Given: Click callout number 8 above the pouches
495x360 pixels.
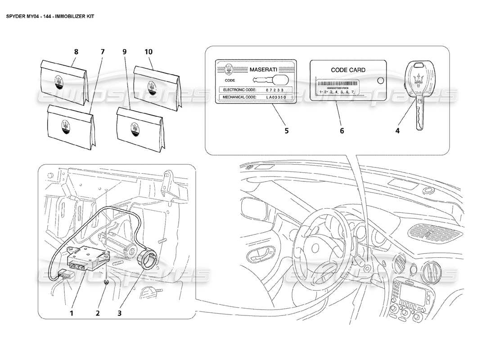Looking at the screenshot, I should pyautogui.click(x=76, y=52).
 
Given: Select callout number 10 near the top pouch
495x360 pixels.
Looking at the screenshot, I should pyautogui.click(x=148, y=52).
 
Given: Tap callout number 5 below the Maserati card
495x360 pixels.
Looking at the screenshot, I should pyautogui.click(x=286, y=131).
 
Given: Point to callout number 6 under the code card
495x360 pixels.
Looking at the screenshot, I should pyautogui.click(x=342, y=131).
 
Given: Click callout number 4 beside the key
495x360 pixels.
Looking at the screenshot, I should pyautogui.click(x=397, y=131).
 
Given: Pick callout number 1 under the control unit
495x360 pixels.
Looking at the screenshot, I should pyautogui.click(x=71, y=311).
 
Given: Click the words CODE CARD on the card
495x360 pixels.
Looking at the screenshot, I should pyautogui.click(x=348, y=70).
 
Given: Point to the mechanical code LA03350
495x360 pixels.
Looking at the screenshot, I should pyautogui.click(x=276, y=97).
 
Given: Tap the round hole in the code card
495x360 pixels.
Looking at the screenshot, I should pyautogui.click(x=380, y=81).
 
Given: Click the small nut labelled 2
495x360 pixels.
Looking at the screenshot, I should pyautogui.click(x=107, y=282).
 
